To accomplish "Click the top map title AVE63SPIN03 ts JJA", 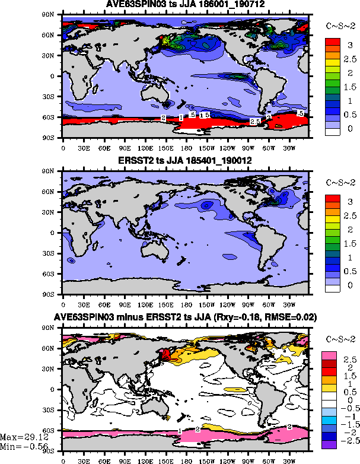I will [x=186, y=4].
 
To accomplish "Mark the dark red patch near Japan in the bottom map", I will [x=166, y=355].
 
